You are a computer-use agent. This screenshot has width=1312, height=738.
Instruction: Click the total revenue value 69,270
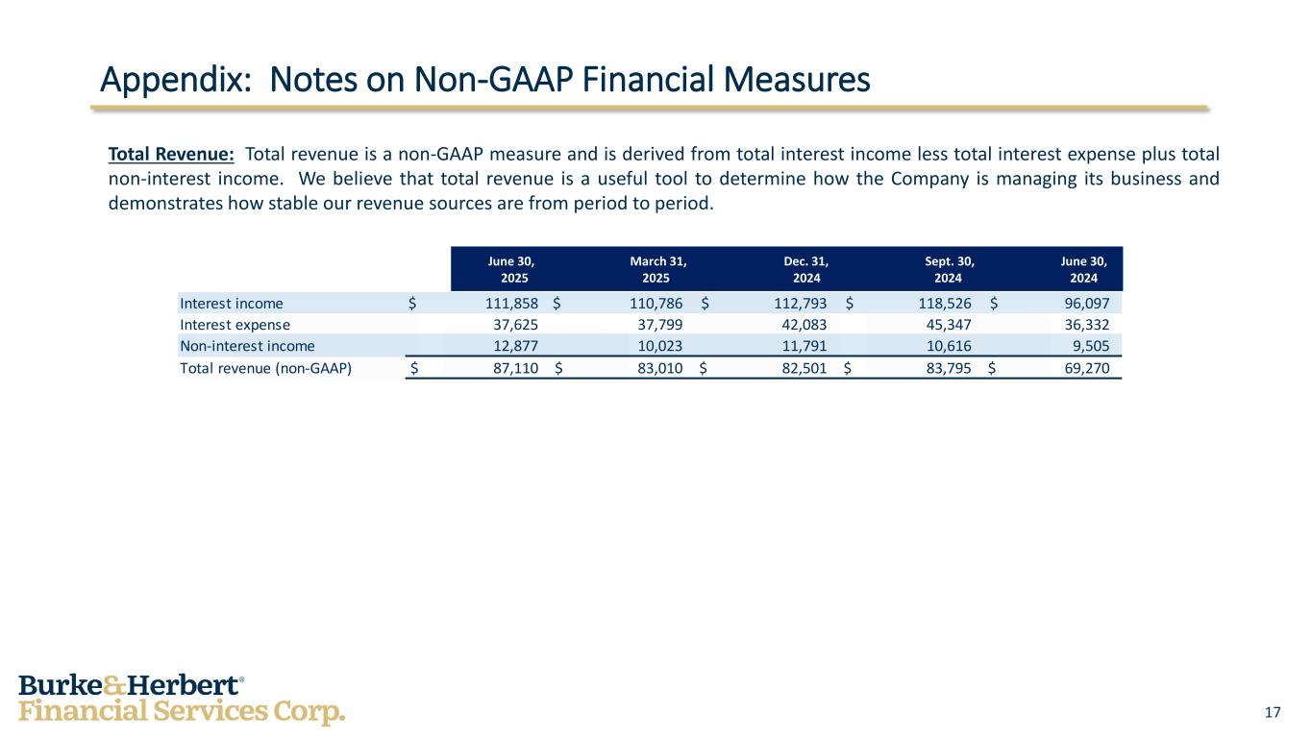tap(1082, 367)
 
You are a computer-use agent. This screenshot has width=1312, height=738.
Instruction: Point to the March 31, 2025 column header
tap(658, 269)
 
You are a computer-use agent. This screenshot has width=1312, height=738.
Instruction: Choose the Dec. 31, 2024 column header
tap(805, 269)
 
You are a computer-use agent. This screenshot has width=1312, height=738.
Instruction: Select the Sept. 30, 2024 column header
tap(948, 269)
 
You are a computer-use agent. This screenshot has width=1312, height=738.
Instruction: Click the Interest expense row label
tap(235, 325)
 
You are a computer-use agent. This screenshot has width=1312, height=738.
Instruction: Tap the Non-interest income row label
tap(247, 346)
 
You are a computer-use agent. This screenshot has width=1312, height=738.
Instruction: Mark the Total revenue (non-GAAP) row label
tap(265, 367)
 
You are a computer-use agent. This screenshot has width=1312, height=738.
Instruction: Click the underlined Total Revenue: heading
tap(171, 154)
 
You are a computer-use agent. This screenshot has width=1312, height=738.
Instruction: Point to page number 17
tap(1274, 712)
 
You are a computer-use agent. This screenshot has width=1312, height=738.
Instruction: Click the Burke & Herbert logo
tap(181, 699)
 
